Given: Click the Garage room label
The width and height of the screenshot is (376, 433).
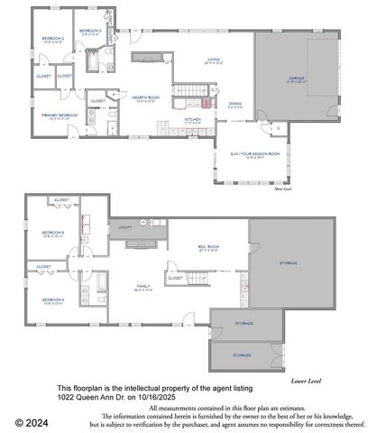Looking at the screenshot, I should tap(298, 78).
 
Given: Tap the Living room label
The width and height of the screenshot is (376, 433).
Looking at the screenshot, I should tap(214, 61).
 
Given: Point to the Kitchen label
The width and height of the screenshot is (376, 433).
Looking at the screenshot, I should tap(193, 119).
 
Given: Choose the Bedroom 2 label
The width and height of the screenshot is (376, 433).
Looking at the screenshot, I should tap(50, 38).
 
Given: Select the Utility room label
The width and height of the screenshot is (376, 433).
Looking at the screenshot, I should tap(124, 228).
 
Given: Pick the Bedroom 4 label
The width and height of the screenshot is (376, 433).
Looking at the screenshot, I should tap(53, 299).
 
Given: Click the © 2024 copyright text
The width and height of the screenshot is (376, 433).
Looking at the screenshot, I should tap(31, 421).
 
